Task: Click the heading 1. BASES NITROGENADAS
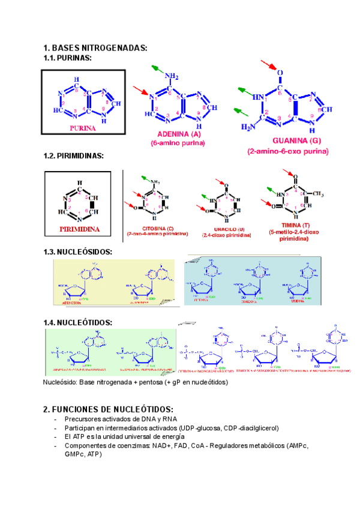[95, 48]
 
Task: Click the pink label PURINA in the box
[83, 128]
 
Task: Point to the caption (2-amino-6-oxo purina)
[288, 151]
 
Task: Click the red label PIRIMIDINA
[79, 229]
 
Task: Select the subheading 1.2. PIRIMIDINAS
[74, 155]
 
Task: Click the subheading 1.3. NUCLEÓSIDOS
[77, 251]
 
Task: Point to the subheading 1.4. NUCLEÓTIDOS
[77, 322]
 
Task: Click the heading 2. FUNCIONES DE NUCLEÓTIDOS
[109, 409]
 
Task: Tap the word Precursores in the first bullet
[83, 419]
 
